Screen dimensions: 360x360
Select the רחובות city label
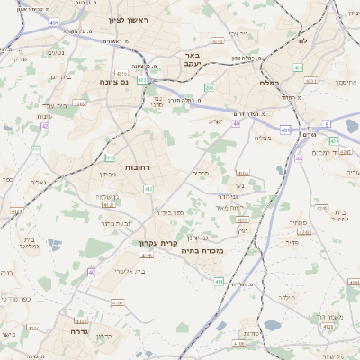pyautogui.click(x=137, y=168)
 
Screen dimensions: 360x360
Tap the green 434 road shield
pyautogui.click(x=299, y=67)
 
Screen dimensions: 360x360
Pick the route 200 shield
pyautogui.click(x=209, y=88)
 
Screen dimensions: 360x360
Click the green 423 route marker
pyautogui.click(x=141, y=80)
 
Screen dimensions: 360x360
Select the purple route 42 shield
pyautogui.click(x=45, y=126)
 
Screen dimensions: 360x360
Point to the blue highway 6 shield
pyautogui.click(x=326, y=123)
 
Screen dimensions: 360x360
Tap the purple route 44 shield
pyautogui.click(x=299, y=157)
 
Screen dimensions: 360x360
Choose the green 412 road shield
pyautogui.click(x=148, y=189)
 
